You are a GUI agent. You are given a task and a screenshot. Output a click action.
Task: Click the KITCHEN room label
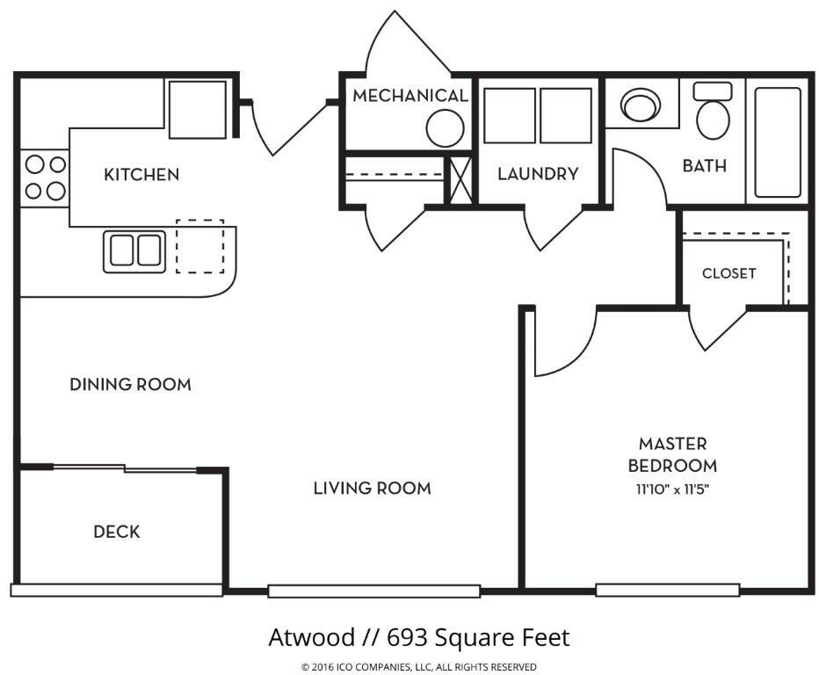[x=141, y=174]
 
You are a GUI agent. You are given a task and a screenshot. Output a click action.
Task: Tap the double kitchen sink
[x=134, y=251]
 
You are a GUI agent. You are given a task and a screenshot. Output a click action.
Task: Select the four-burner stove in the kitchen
[x=45, y=178]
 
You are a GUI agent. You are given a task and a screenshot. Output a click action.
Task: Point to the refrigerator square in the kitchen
[x=198, y=109]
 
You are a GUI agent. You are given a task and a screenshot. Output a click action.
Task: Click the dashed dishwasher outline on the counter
[x=199, y=246]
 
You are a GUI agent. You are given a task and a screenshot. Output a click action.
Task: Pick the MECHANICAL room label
[x=410, y=96]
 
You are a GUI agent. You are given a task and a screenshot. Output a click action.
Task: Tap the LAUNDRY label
[x=538, y=173]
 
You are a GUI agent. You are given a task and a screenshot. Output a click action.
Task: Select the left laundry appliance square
[x=510, y=115]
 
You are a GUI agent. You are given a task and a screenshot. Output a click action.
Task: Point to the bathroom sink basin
[x=641, y=105]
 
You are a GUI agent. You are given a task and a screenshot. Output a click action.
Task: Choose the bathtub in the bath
[x=778, y=142]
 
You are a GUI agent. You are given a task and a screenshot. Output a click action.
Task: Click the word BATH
[x=705, y=165]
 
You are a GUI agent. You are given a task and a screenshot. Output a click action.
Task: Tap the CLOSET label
[x=728, y=273]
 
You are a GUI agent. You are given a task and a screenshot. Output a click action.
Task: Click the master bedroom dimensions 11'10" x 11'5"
[x=672, y=490]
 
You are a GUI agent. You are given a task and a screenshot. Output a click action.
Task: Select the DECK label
[x=117, y=532]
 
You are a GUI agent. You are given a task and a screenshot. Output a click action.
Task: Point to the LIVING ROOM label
[x=373, y=489]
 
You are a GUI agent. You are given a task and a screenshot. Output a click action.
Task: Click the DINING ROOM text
[x=131, y=384]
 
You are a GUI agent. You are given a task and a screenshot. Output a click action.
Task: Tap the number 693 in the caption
[x=405, y=637]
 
